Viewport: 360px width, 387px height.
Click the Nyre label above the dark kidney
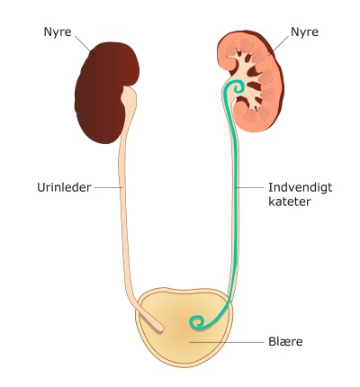(58, 31)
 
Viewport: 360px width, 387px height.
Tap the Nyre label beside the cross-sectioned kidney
(304, 31)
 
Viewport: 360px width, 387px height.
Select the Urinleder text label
(64, 187)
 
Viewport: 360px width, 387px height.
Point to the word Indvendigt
(300, 187)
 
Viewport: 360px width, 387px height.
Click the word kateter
(290, 202)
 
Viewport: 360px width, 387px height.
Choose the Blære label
(285, 342)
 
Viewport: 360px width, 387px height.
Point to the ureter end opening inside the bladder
(161, 328)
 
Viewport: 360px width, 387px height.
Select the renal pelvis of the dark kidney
(129, 96)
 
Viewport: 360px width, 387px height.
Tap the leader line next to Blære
(227, 342)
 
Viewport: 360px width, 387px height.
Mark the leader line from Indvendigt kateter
(249, 188)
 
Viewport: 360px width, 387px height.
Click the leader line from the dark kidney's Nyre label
(83, 44)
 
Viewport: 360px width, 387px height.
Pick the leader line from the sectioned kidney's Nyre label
(279, 46)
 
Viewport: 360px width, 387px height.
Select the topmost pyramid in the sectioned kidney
(247, 46)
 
